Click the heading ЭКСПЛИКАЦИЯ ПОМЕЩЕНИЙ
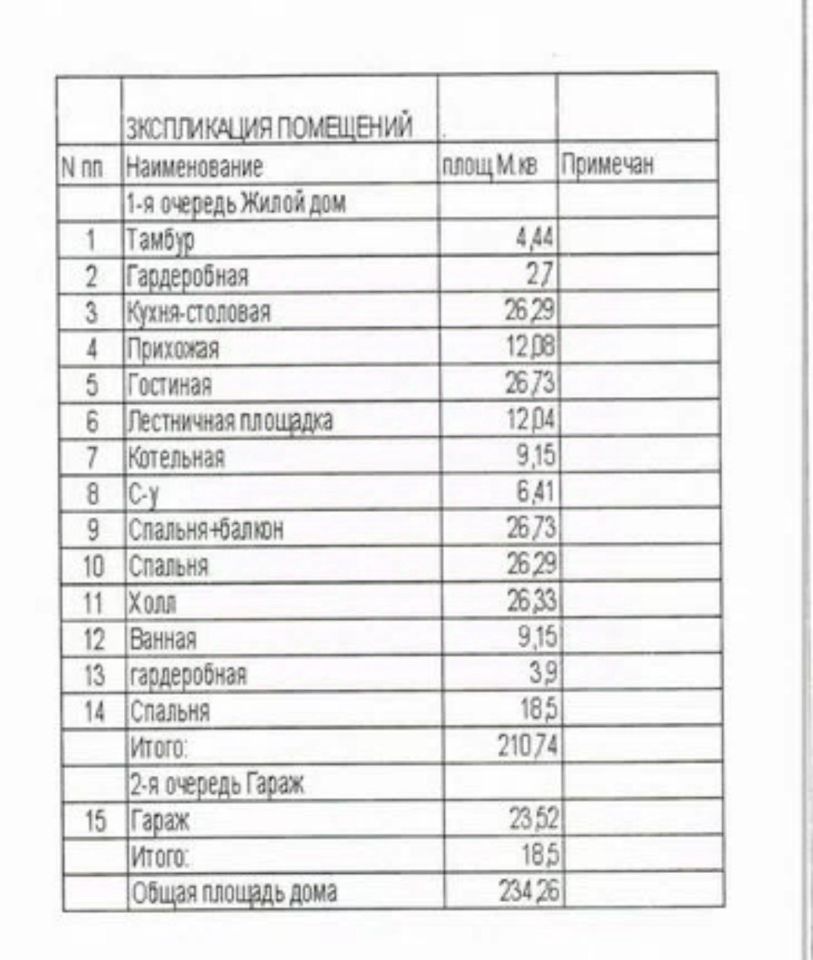tap(268, 128)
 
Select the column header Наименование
tap(194, 166)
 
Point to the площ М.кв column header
tap(490, 165)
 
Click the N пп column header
tap(83, 167)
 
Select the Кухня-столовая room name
tap(199, 312)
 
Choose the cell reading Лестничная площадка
tap(229, 421)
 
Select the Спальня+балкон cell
tap(204, 530)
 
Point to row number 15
tap(95, 821)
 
